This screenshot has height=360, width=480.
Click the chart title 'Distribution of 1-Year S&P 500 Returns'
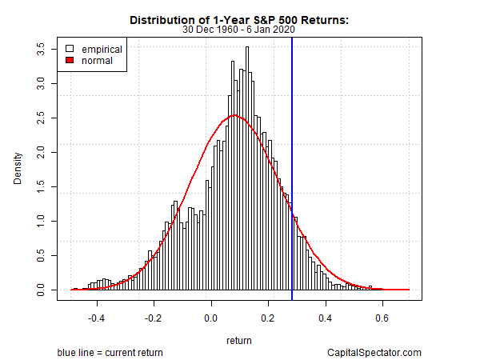[240, 19]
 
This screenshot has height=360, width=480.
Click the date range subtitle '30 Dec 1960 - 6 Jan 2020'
[240, 30]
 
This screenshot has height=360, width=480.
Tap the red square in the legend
[70, 60]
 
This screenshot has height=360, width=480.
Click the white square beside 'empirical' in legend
[70, 49]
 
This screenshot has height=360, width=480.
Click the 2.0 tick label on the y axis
[42, 152]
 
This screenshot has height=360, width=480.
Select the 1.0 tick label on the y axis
[42, 221]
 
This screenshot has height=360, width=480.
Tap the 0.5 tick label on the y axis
[42, 255]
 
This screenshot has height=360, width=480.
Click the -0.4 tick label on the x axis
[97, 317]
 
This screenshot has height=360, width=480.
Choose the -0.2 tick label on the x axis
[154, 317]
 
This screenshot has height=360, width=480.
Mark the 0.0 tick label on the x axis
[211, 317]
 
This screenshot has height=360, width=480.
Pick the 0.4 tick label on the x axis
[325, 317]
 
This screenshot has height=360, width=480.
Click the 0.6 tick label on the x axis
[382, 317]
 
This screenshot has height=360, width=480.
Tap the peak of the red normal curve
[233, 116]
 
